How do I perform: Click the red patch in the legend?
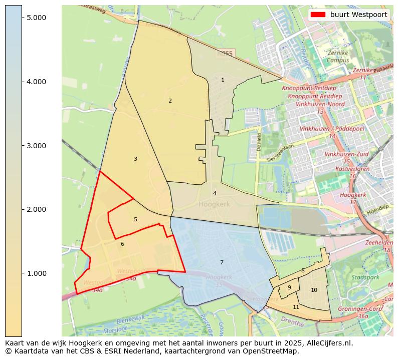coord(318,15)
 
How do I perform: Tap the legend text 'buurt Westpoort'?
coord(358,15)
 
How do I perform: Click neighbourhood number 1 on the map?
coord(223,80)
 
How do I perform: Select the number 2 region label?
coord(170,101)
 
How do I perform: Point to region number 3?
coord(135,159)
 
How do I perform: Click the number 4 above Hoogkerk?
coord(215,193)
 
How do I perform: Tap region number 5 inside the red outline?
coord(135,219)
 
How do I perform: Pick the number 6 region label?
coord(122,244)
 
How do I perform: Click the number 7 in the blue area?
coord(222,262)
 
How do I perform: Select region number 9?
coord(289,287)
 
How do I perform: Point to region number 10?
coord(314,290)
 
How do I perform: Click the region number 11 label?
coord(296,307)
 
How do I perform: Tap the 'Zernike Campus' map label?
coord(337,57)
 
